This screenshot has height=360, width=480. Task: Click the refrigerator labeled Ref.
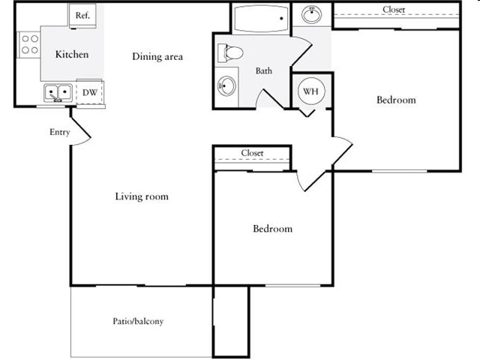pos(82,16)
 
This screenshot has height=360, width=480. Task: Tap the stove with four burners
pos(30,44)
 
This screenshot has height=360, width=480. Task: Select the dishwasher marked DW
pos(90,92)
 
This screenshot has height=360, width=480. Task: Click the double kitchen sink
pos(58,93)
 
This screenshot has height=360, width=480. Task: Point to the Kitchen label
pos(72,55)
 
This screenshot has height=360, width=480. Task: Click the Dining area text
pos(157,57)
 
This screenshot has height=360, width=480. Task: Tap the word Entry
pos(60,132)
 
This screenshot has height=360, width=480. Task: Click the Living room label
pos(142,196)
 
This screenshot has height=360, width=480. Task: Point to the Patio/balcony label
pos(138,321)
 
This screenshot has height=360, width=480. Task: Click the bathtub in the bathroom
pos(261,19)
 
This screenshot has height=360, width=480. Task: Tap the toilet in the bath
pos(230,52)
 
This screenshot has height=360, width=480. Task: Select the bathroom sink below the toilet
pos(226,86)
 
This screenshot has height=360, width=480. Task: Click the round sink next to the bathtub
pos(312,14)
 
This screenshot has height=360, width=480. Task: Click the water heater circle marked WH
pos(310,91)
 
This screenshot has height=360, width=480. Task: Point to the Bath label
pos(263,71)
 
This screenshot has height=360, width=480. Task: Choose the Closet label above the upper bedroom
pos(394,10)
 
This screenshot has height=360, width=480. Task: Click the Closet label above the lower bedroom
pos(252,153)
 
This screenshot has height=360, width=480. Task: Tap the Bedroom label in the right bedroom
pos(396,100)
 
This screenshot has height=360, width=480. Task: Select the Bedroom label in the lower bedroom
pos(272,229)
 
